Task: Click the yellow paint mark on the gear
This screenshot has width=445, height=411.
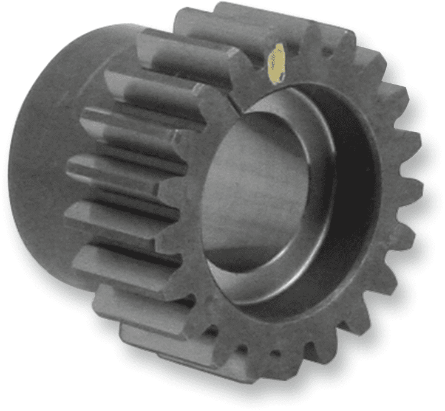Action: click(277, 63)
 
